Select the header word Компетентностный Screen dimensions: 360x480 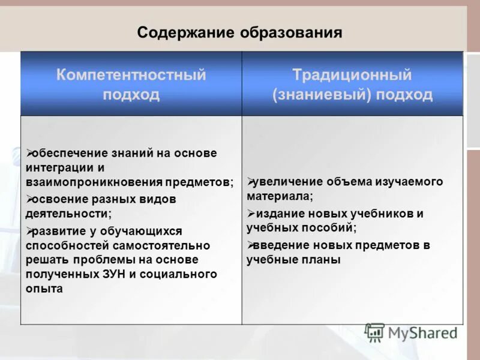coord(131,76)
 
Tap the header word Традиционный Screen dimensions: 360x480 coord(352,76)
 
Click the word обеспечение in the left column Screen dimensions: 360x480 coord(67,153)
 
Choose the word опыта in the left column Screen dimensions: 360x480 coord(44,289)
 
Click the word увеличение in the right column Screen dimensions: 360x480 coord(286,182)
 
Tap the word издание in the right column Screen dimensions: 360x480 coord(275,214)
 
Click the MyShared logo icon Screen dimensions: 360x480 coord(375,332)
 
